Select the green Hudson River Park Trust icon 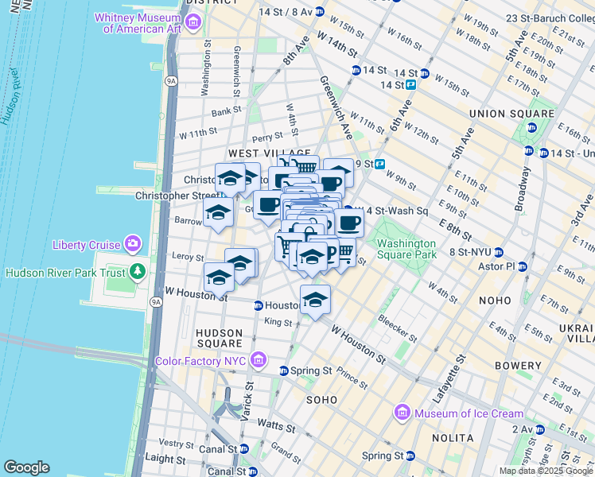[138, 273]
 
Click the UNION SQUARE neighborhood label [511, 114]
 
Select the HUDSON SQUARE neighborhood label [219, 338]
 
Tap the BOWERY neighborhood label [518, 366]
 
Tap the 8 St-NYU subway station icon [444, 252]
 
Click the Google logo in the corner [26, 467]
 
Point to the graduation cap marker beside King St [315, 300]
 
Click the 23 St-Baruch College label [549, 17]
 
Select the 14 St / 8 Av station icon [319, 11]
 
